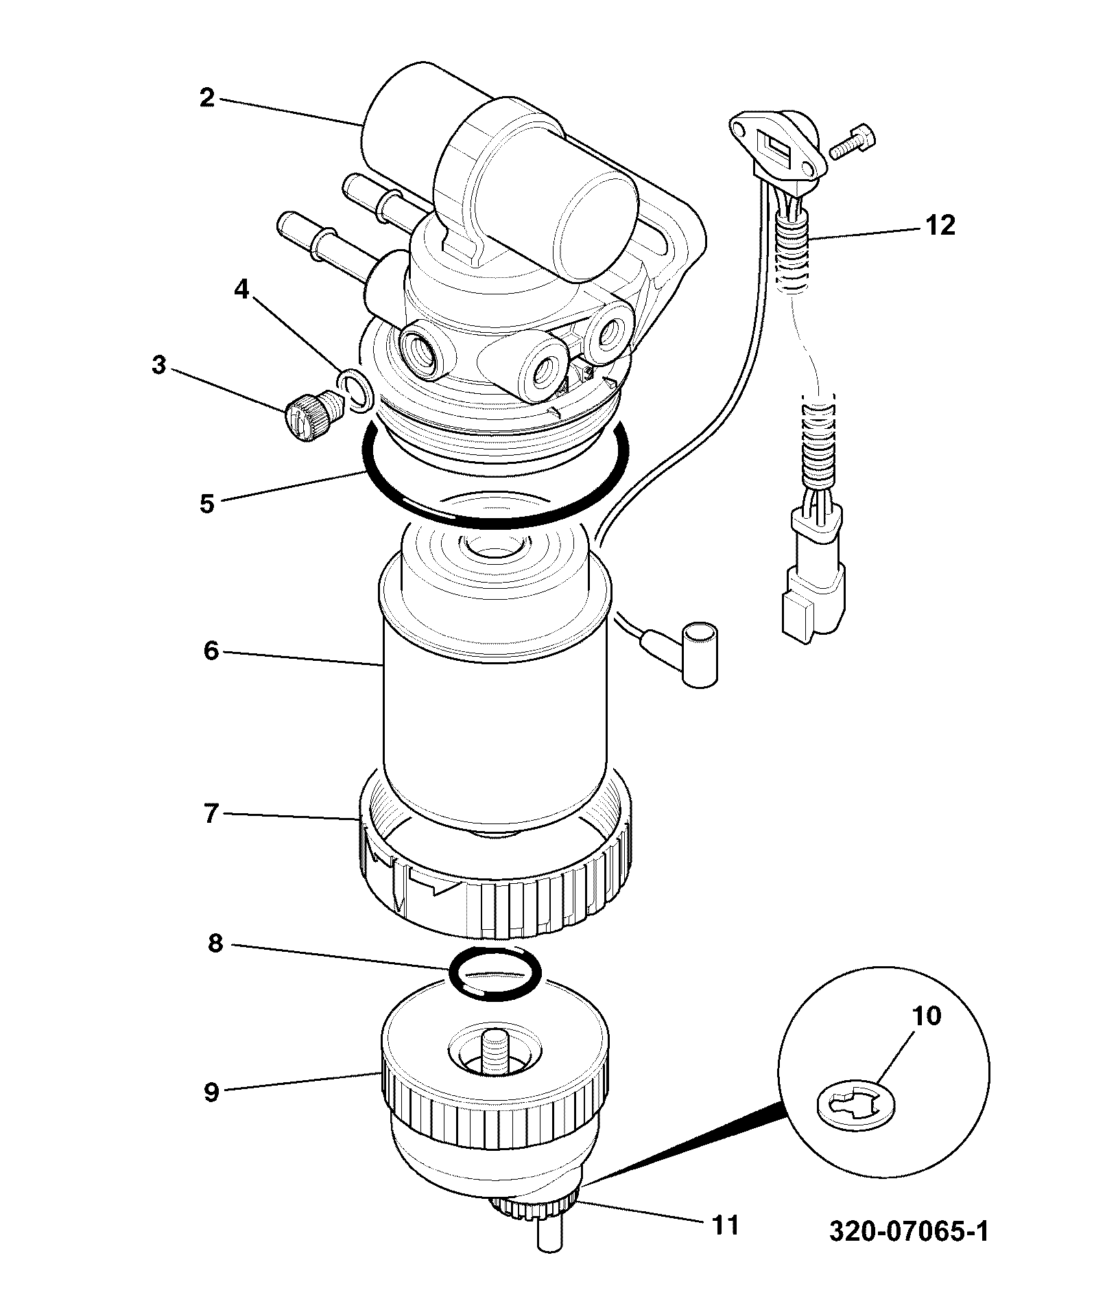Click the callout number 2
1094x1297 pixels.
(207, 97)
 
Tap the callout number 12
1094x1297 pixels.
(940, 224)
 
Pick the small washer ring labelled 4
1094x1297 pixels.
(355, 389)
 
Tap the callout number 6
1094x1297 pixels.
(211, 650)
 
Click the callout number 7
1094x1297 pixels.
(211, 813)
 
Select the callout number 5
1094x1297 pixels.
(207, 504)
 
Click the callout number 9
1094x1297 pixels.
(211, 1091)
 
